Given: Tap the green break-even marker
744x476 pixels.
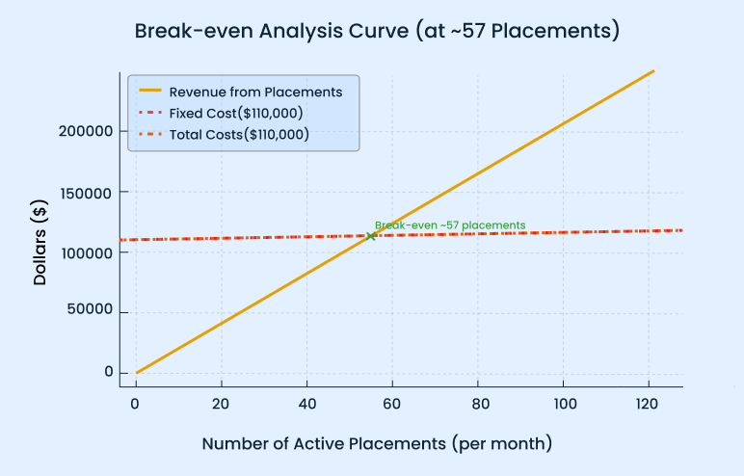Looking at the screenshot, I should click(371, 235).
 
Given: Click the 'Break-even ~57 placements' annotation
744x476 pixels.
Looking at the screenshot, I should click(450, 225).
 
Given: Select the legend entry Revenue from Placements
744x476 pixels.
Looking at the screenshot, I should click(255, 93).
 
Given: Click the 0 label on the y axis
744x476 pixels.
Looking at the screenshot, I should click(109, 373).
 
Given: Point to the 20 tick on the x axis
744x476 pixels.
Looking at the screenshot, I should click(221, 401).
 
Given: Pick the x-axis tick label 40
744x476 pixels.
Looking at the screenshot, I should click(306, 401).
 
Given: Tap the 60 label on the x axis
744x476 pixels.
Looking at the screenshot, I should click(392, 401).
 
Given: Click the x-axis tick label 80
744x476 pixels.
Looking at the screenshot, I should click(478, 401).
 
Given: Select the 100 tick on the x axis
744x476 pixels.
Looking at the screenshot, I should click(564, 401).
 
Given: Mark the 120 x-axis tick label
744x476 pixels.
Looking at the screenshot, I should click(650, 401).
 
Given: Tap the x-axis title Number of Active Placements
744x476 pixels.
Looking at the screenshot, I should click(377, 444).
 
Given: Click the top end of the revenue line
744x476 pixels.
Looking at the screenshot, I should click(653, 71).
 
